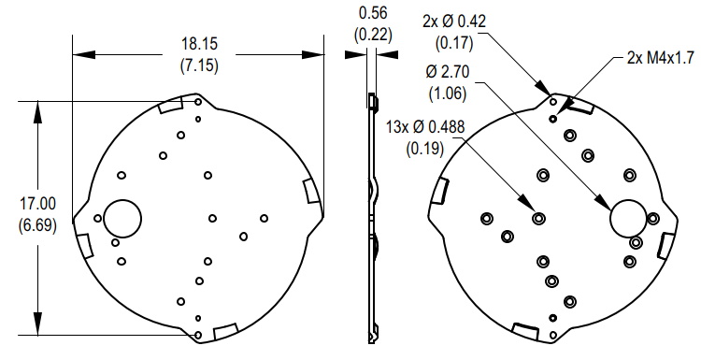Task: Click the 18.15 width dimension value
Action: pyautogui.click(x=199, y=44)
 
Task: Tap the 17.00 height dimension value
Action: pyautogui.click(x=37, y=204)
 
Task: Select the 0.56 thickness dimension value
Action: pyautogui.click(x=373, y=13)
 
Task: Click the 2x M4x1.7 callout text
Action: pyautogui.click(x=661, y=58)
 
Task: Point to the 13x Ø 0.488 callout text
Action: pyautogui.click(x=425, y=127)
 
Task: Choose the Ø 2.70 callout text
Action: pyautogui.click(x=448, y=72)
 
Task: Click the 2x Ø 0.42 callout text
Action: pyautogui.click(x=453, y=22)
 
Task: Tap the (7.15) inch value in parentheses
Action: pyautogui.click(x=199, y=65)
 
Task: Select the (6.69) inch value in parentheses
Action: pyautogui.click(x=37, y=225)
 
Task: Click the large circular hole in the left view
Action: pyautogui.click(x=122, y=219)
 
